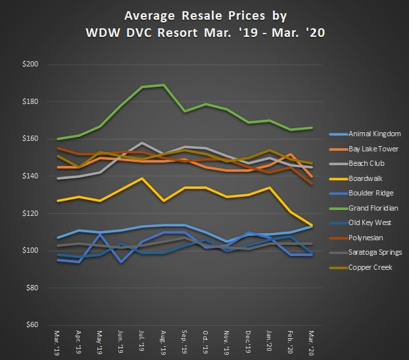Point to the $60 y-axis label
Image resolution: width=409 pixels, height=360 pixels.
tap(32, 325)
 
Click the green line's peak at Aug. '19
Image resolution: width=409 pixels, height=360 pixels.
tap(164, 85)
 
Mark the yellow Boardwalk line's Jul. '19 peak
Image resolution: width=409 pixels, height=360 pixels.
tap(143, 178)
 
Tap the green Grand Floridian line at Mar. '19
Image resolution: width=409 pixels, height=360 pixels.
tap(59, 139)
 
